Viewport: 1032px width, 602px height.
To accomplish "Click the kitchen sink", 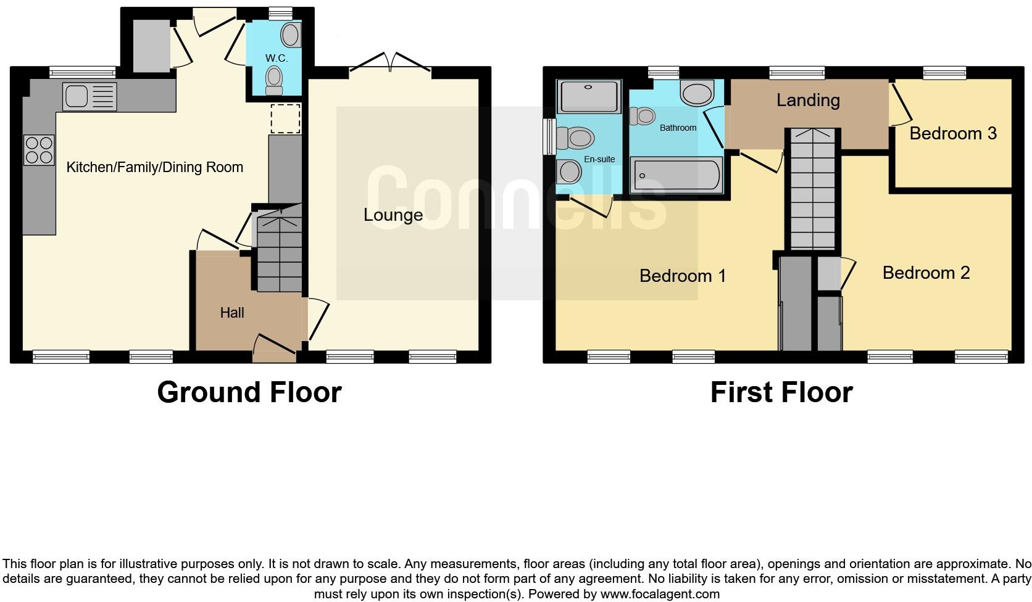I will [89, 97].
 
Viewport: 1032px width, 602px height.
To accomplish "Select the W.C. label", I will [276, 58].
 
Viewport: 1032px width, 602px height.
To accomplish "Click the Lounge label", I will [393, 215].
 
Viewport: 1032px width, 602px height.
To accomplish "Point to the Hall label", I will [232, 313].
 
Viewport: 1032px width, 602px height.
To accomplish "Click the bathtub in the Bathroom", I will [676, 175].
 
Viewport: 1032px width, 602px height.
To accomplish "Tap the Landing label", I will [808, 100].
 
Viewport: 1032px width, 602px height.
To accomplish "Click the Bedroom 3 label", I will [953, 133].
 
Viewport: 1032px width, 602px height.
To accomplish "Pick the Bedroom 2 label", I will [926, 273].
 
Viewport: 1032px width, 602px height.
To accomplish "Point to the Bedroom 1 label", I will [683, 276].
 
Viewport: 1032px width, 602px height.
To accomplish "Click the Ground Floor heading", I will [249, 392].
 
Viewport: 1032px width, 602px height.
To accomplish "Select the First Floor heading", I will [781, 392].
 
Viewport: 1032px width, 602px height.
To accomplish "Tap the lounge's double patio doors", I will [390, 64].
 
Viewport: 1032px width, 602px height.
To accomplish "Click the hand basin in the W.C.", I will [291, 35].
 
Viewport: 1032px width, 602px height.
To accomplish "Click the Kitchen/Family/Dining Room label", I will [154, 167].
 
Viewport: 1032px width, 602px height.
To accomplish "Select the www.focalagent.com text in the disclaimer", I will [660, 595].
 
